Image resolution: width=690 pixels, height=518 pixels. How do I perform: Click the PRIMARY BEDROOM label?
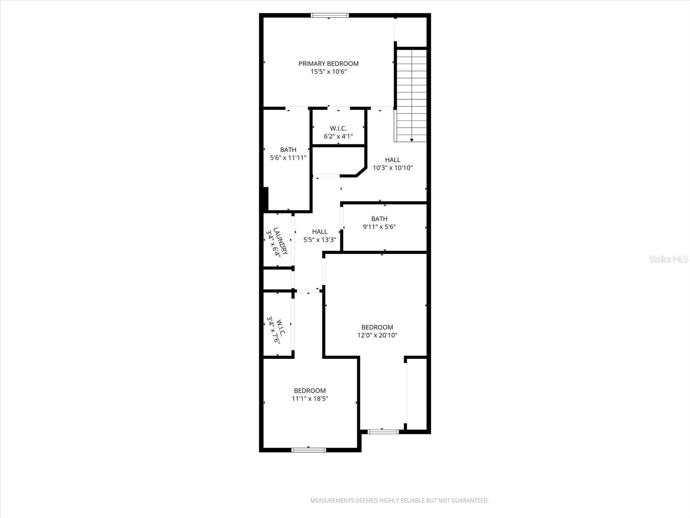click(x=328, y=63)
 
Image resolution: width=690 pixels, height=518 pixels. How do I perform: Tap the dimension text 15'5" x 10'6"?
click(x=328, y=72)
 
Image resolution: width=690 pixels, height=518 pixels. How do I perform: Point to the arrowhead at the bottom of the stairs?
click(x=412, y=140)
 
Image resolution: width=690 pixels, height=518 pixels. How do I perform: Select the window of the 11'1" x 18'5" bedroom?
click(x=309, y=450)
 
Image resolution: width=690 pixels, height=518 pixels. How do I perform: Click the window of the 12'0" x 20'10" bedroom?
click(x=383, y=431)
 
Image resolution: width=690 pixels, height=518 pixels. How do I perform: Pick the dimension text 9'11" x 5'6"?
click(x=379, y=227)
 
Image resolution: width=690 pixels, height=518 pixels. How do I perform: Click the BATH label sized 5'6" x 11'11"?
click(x=288, y=150)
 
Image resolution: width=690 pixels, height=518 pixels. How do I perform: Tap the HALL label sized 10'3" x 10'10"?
click(x=392, y=160)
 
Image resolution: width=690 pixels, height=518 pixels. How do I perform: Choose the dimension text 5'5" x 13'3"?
click(x=320, y=240)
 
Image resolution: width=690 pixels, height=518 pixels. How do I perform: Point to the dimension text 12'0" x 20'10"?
click(x=377, y=335)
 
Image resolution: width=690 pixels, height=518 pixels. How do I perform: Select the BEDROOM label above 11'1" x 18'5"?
click(x=310, y=391)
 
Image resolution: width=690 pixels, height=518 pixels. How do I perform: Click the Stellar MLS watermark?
click(x=669, y=259)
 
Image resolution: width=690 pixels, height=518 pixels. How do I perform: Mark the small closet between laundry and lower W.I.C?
click(x=278, y=279)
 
